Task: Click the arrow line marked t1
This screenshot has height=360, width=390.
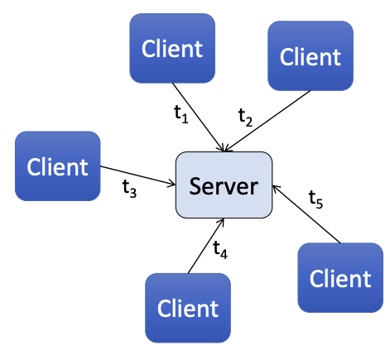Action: point(199,117)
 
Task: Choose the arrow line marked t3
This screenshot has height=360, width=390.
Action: point(137,175)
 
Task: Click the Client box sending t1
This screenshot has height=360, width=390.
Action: point(172,48)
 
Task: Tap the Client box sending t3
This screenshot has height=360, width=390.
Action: point(57,166)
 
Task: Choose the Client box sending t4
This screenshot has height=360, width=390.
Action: point(187,308)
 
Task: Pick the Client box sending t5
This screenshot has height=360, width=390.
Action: point(340,277)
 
